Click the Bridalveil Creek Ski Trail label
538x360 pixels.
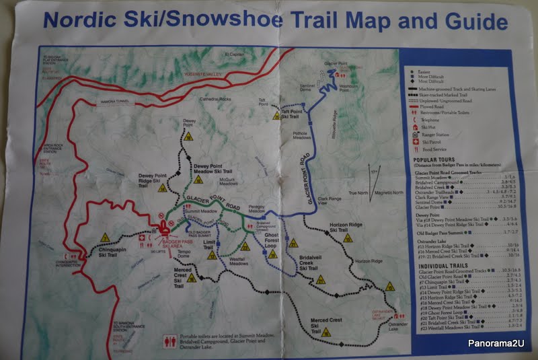pos(307,263)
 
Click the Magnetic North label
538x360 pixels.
pos(389,193)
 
